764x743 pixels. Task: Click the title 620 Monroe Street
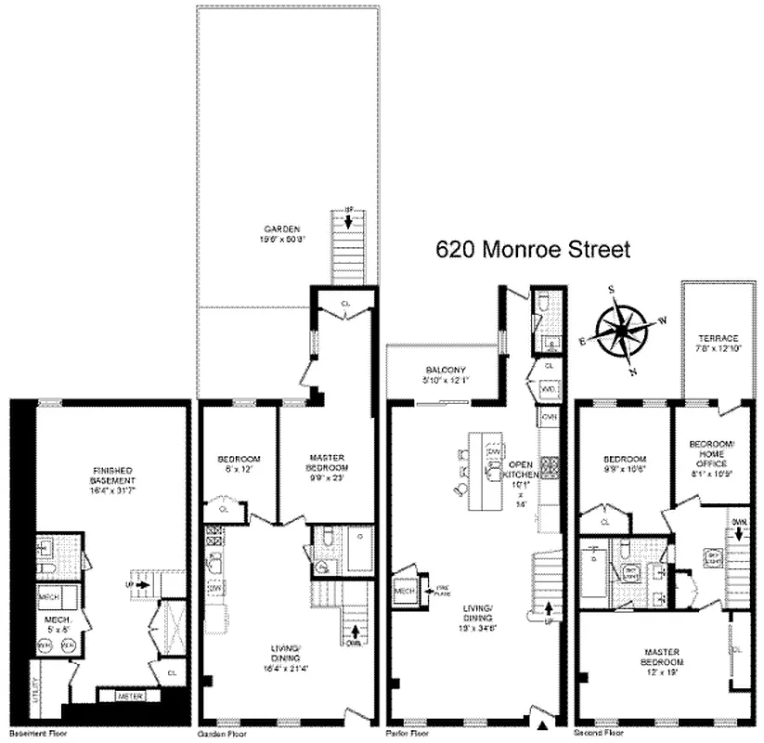click(533, 249)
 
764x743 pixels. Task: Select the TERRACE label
click(720, 342)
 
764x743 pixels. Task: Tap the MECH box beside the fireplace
click(405, 591)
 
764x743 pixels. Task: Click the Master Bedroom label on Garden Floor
click(312, 466)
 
